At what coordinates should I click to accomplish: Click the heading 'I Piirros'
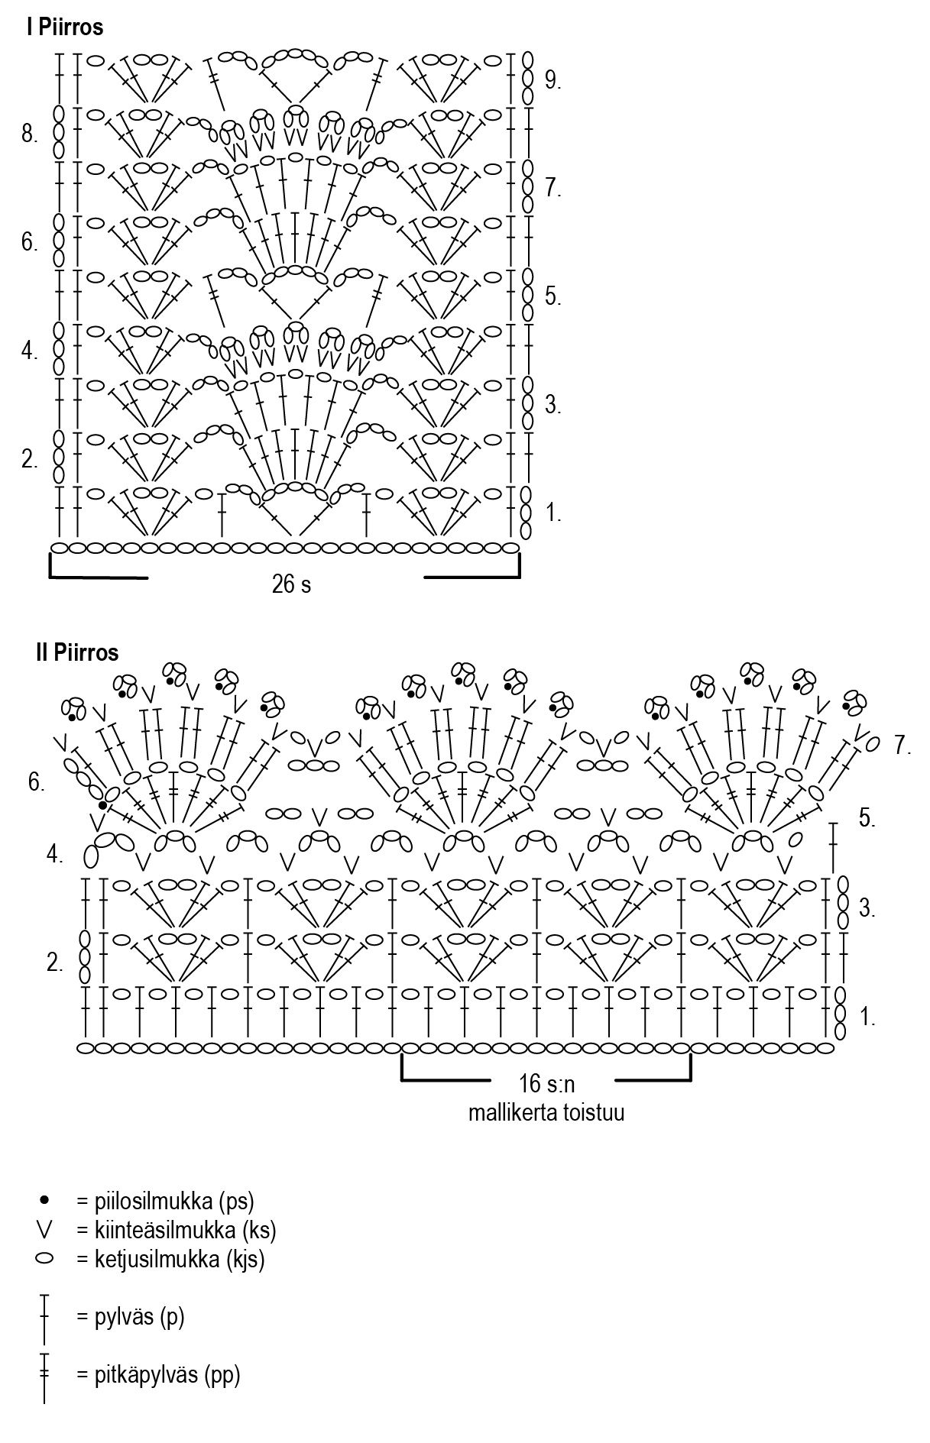tap(64, 28)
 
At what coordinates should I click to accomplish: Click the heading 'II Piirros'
tap(76, 652)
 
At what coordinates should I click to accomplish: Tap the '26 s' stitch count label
tap(291, 584)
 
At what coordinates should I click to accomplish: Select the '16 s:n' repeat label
tap(546, 1083)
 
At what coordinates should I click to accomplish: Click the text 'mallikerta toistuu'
tap(546, 1111)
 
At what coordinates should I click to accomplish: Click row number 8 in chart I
tap(30, 135)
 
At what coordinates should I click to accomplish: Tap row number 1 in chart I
tap(553, 513)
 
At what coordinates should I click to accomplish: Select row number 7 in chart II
tap(903, 746)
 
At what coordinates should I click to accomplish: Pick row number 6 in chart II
tap(37, 782)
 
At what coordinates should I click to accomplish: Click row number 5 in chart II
tap(867, 818)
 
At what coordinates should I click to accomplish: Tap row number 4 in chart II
tap(54, 855)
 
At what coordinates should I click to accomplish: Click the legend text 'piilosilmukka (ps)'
tap(164, 1201)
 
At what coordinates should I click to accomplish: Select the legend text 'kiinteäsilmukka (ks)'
tap(176, 1230)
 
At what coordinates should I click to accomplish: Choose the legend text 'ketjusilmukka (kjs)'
tap(170, 1259)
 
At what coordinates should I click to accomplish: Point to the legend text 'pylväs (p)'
tap(130, 1317)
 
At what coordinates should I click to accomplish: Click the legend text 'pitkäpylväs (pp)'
tap(157, 1375)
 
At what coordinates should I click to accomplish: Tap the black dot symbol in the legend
tap(45, 1200)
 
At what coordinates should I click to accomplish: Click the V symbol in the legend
tap(45, 1229)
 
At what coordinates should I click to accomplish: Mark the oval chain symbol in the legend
tap(44, 1258)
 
